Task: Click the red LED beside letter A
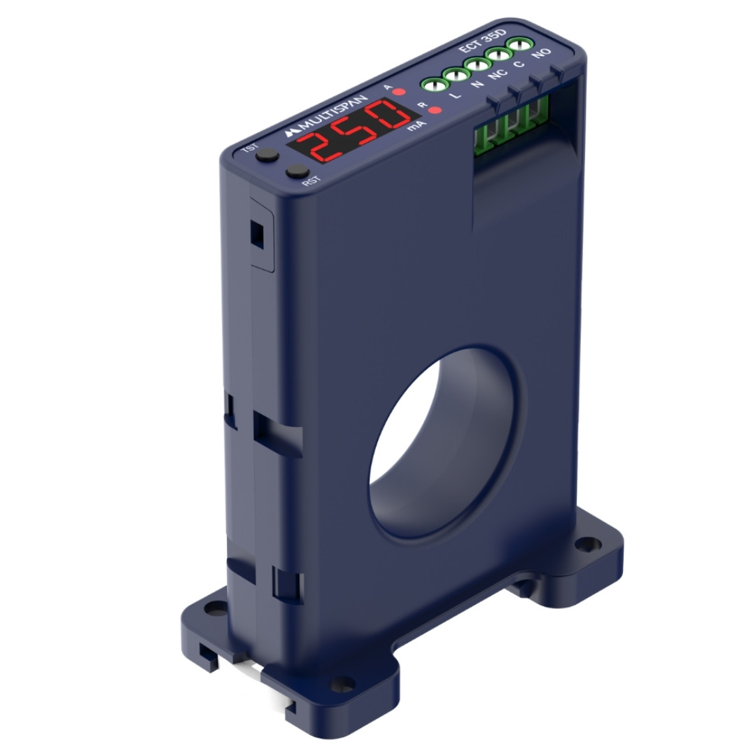tap(399, 92)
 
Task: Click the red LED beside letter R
tap(435, 110)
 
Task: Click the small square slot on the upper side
tap(257, 232)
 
